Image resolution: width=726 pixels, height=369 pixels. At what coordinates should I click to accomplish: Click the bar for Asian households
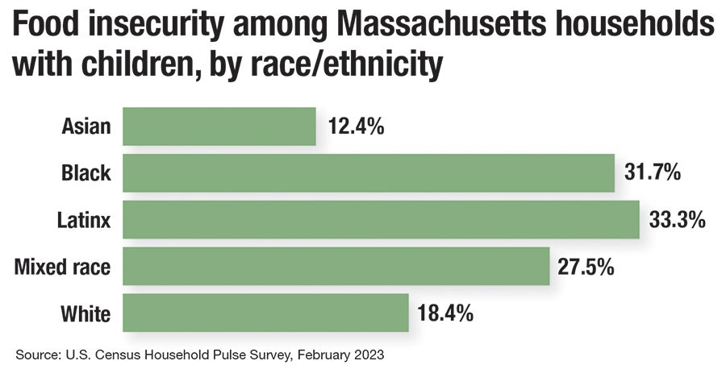(x=219, y=126)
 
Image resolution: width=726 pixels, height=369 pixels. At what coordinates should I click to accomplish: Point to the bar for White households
(x=265, y=312)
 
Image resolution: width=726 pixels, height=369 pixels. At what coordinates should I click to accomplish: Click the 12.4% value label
(x=356, y=126)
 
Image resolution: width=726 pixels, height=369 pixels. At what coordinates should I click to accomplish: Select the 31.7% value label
(x=653, y=172)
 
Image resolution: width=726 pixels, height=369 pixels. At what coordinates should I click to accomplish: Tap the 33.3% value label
(x=678, y=218)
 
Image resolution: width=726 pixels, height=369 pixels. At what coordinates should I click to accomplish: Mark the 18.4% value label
(x=446, y=312)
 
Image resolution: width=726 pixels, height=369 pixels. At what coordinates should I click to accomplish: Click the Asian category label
(x=86, y=126)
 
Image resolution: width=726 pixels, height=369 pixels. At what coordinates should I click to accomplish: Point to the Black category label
(x=86, y=172)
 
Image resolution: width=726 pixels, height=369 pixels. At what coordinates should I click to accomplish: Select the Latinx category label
(x=83, y=218)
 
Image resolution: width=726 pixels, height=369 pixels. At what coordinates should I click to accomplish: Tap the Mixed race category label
(x=63, y=265)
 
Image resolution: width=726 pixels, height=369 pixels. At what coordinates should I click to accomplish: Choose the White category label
(x=85, y=312)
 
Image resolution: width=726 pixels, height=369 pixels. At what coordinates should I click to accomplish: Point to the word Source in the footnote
(x=35, y=354)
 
